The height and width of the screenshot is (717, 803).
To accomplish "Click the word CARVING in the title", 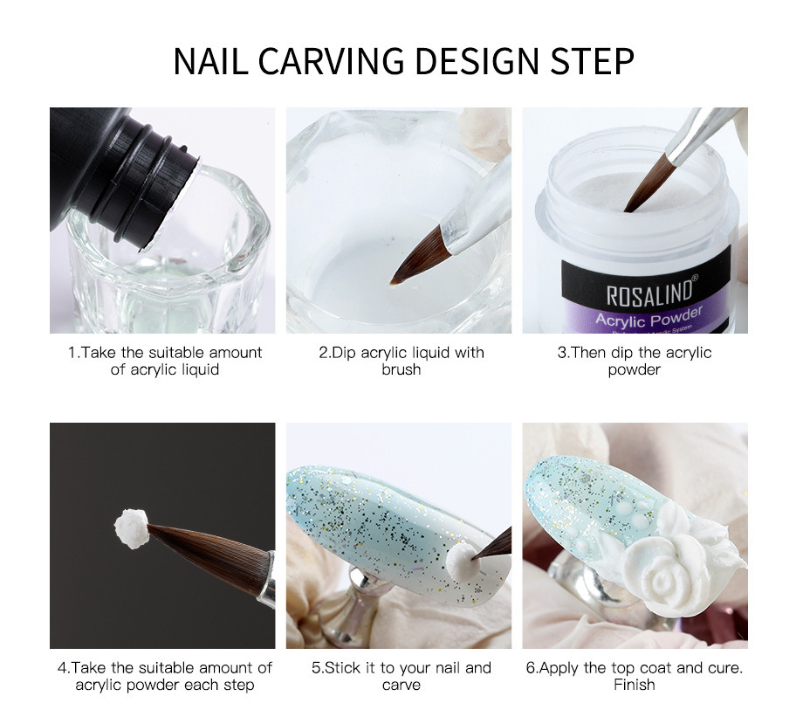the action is coord(331,61).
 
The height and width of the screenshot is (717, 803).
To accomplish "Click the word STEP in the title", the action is coord(593,61).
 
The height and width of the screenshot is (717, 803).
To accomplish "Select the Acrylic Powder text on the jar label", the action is coord(649,317).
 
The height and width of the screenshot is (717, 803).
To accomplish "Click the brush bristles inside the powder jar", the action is coord(649,183).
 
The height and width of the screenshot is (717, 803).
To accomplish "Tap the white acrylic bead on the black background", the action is coord(132,528).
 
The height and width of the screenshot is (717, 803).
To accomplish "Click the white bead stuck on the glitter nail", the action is coord(463,562).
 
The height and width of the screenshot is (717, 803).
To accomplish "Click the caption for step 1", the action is coord(165,361).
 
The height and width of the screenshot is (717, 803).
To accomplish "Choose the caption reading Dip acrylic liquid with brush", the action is coord(401,361).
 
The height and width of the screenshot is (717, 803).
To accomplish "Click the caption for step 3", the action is coord(634,361).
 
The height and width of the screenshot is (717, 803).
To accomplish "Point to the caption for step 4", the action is coord(165,676).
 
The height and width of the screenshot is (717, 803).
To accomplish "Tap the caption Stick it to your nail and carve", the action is coord(401,676).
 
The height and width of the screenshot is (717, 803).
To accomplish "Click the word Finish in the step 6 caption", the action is coord(634,684).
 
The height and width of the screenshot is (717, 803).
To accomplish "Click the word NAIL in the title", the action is coord(210,61).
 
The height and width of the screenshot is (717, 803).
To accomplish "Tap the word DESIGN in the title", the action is coord(477,61).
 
